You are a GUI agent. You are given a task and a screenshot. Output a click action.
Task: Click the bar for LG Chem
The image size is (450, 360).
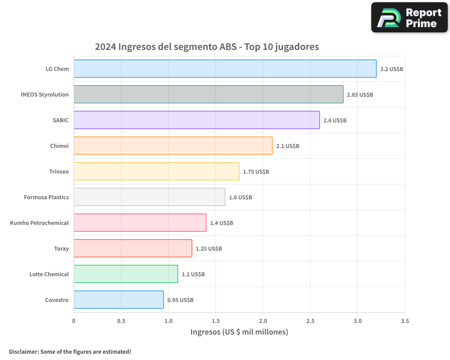225,69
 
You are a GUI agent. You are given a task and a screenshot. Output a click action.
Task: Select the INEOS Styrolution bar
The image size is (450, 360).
208,94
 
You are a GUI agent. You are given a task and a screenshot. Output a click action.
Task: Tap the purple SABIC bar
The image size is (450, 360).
197,120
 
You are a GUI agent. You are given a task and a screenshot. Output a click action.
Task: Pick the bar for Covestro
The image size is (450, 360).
119,300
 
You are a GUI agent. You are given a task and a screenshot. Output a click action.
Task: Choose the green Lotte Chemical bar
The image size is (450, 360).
126,274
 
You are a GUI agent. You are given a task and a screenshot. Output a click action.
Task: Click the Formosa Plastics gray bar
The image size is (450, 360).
149,197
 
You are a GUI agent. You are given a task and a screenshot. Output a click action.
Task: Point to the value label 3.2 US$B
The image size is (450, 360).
391,69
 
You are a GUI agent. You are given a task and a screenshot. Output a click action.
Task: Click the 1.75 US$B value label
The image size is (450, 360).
256,172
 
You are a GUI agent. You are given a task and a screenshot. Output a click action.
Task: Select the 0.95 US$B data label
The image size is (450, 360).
180,300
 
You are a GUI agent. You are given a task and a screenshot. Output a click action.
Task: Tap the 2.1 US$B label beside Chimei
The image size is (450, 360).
288,146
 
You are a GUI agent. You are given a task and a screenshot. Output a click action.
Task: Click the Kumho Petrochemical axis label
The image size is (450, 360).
40,223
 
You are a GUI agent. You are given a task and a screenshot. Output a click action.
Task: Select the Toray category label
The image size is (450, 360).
61,248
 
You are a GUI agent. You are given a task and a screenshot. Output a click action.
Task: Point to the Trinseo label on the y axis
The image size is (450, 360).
59,171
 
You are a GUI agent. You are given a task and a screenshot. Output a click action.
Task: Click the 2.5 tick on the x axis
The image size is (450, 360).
310,321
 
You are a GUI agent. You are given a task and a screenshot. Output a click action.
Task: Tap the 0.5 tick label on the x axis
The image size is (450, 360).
121,321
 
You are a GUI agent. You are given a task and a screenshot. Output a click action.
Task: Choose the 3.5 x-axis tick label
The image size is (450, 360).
405,321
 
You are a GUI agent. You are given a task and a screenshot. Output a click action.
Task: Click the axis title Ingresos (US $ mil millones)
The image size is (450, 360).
239,332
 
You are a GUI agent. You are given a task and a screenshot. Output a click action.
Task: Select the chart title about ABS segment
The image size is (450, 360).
207,47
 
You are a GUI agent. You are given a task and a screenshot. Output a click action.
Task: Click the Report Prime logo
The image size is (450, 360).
409,18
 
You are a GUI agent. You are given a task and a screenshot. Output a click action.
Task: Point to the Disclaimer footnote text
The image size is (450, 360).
70,351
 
